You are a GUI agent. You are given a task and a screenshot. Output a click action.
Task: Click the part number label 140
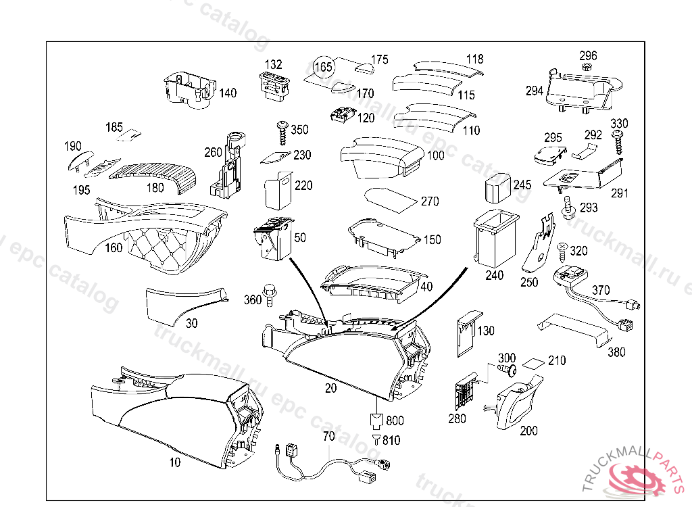pyautogui.click(x=228, y=93)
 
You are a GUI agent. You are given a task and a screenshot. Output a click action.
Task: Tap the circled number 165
pyautogui.click(x=324, y=66)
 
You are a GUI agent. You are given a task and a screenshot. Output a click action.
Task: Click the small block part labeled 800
pyautogui.click(x=375, y=420)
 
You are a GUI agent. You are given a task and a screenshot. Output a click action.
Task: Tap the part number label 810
pyautogui.click(x=391, y=440)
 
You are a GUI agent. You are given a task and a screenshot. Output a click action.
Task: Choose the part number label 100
pyautogui.click(x=436, y=155)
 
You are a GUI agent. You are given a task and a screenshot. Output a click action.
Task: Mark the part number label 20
pyautogui.click(x=330, y=389)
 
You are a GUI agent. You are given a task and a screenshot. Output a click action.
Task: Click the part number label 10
pyautogui.click(x=175, y=463)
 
